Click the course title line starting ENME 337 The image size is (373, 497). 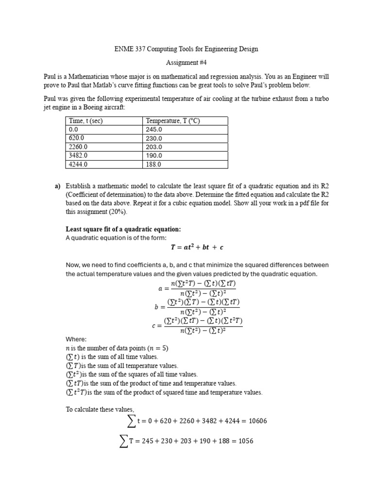coord(186,49)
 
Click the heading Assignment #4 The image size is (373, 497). coord(186,63)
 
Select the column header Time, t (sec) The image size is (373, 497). coord(86,121)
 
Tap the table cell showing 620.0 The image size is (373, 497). coord(77,138)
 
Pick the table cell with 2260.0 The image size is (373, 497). coord(78,147)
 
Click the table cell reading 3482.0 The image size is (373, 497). coord(78,155)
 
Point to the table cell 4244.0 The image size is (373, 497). coord(78,164)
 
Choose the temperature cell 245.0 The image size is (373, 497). coord(154,130)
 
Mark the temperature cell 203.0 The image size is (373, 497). coord(154,147)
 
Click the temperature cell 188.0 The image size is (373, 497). coord(154,164)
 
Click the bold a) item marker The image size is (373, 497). coord(57,186)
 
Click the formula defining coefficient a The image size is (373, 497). coord(197,288)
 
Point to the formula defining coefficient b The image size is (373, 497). coord(197,307)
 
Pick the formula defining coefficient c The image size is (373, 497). coord(197,325)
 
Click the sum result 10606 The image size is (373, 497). coord(257,421)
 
